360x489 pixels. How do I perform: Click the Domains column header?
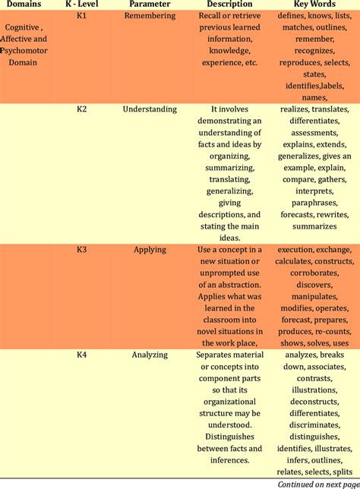pyautogui.click(x=24, y=4)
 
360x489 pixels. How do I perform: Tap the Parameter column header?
pyautogui.click(x=149, y=4)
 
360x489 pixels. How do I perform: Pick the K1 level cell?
pyautogui.click(x=82, y=15)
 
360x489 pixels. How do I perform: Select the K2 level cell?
pyautogui.click(x=82, y=109)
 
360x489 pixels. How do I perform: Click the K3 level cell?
pyautogui.click(x=82, y=249)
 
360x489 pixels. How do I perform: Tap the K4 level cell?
pyautogui.click(x=82, y=354)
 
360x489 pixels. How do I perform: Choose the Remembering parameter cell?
pyautogui.click(x=149, y=15)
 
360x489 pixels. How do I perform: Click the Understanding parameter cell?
pyautogui.click(x=150, y=109)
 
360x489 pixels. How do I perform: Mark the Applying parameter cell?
pyautogui.click(x=150, y=249)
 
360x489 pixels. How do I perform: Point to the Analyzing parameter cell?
pyautogui.click(x=150, y=354)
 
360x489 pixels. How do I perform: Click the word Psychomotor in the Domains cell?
pyautogui.click(x=32, y=50)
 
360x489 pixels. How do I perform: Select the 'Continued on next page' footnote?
pyautogui.click(x=317, y=483)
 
